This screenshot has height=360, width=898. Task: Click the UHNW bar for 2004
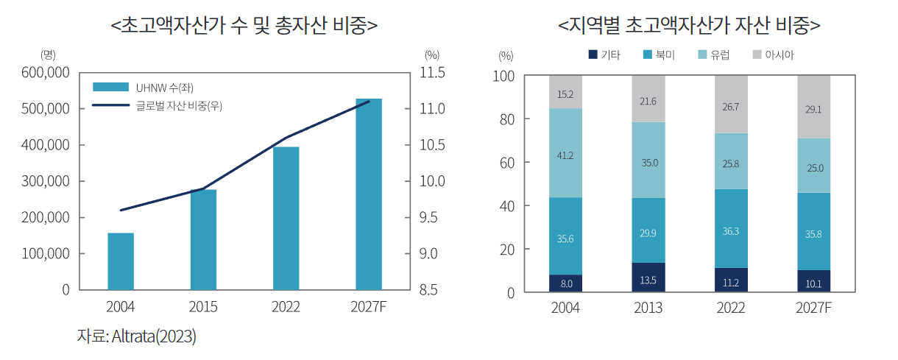click(121, 261)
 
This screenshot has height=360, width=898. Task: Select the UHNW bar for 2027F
click(369, 194)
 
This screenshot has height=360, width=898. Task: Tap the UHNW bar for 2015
click(203, 239)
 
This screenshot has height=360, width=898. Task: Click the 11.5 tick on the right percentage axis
click(432, 73)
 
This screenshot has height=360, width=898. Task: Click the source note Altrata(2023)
click(137, 337)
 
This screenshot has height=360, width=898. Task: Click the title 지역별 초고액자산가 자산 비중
click(690, 25)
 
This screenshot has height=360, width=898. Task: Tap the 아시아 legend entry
click(772, 55)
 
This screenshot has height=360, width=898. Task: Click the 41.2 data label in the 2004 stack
click(565, 155)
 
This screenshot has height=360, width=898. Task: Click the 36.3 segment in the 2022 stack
click(731, 230)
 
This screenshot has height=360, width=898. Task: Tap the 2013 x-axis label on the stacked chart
click(648, 308)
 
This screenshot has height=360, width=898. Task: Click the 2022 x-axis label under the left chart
click(286, 307)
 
